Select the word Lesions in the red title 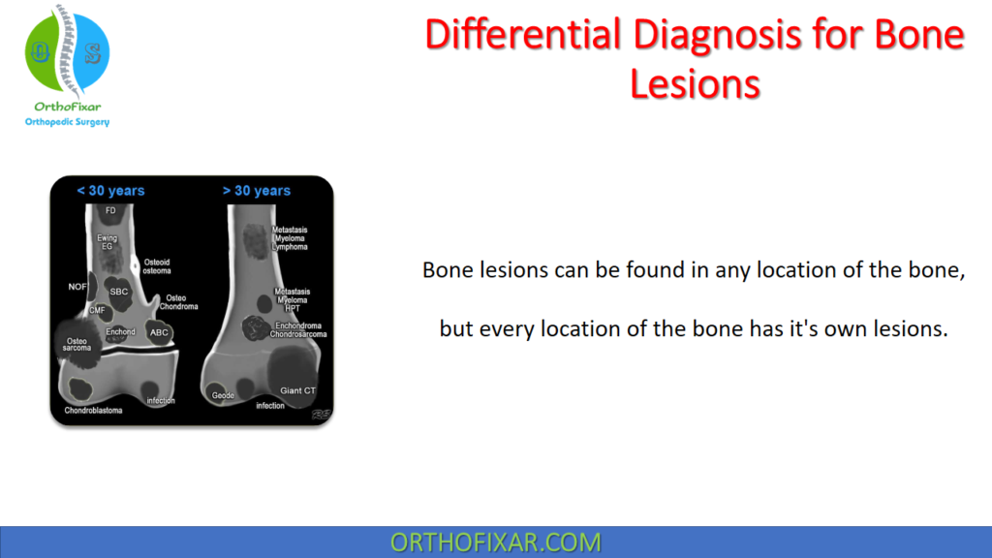tap(695, 83)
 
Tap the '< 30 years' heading tap(110, 191)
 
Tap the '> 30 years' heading tap(257, 191)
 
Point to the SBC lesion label tap(119, 292)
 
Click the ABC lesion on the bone tap(159, 332)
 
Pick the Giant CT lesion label tap(297, 390)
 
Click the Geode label tap(223, 395)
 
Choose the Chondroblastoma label tap(93, 411)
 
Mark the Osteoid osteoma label tap(157, 266)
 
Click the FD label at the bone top tap(110, 210)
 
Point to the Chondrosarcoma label tap(298, 334)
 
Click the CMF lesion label tap(97, 310)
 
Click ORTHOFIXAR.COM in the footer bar tap(495, 542)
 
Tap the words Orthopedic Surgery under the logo tap(67, 122)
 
